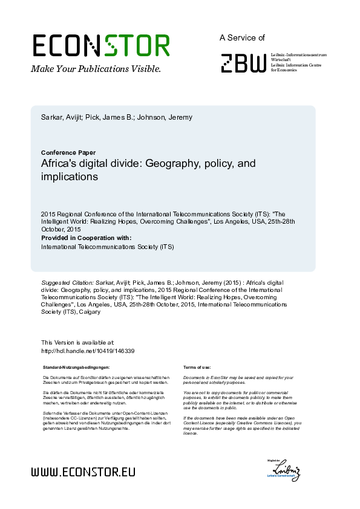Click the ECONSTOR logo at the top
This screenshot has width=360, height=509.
click(x=100, y=45)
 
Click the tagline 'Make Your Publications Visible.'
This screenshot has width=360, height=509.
click(x=96, y=68)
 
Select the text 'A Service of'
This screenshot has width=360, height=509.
click(x=242, y=37)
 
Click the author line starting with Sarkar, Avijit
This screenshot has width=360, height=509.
click(x=116, y=117)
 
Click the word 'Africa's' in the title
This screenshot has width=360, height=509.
click(x=62, y=164)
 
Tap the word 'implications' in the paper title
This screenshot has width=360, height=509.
click(x=69, y=177)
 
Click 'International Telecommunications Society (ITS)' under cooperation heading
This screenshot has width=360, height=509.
click(x=107, y=247)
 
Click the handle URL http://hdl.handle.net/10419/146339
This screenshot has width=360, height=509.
click(x=87, y=351)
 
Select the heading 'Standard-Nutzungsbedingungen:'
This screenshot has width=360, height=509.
click(x=76, y=367)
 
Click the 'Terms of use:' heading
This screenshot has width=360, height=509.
click(x=197, y=367)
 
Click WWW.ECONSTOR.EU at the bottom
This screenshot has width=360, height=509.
click(x=83, y=472)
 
